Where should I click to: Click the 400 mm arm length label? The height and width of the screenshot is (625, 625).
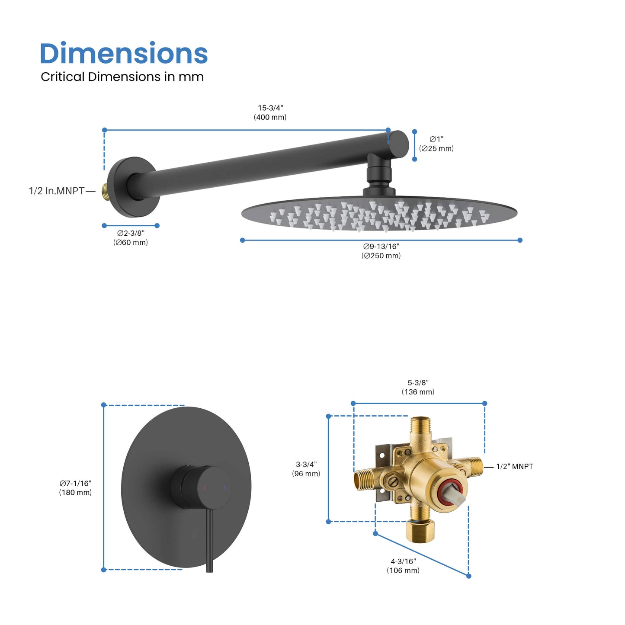click(270, 112)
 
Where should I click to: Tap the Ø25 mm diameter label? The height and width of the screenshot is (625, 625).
click(436, 144)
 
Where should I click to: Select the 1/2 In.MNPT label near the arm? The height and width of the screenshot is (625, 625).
click(57, 191)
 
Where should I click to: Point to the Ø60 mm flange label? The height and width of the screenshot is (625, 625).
click(131, 238)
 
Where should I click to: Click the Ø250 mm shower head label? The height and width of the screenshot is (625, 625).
click(381, 251)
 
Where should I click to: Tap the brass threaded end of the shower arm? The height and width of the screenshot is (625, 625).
click(104, 189)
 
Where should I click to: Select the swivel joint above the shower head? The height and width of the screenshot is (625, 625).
click(379, 173)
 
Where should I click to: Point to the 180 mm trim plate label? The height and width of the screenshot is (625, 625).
click(76, 488)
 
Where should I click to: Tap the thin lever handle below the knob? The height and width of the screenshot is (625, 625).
click(209, 541)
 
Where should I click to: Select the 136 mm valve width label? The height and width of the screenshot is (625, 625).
click(418, 388)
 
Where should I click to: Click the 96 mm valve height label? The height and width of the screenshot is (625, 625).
click(306, 469)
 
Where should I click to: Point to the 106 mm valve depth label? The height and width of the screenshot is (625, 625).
click(403, 566)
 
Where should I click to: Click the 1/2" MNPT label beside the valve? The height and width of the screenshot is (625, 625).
click(514, 467)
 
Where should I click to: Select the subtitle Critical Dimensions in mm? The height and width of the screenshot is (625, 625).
click(122, 77)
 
